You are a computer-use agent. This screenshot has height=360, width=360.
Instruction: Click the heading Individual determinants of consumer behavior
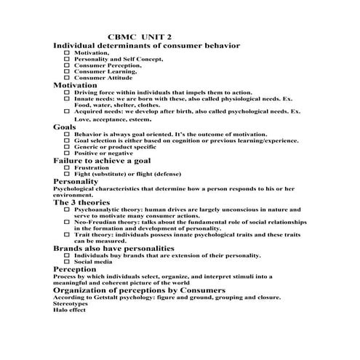146,46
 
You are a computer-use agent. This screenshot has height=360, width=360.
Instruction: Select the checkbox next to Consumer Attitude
68,78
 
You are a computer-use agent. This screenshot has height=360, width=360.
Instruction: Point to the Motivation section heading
76,85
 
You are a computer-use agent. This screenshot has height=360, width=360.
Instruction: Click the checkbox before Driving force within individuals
68,93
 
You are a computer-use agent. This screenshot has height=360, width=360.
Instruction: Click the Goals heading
65,127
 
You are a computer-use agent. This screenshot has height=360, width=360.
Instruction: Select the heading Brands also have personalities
113,249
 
